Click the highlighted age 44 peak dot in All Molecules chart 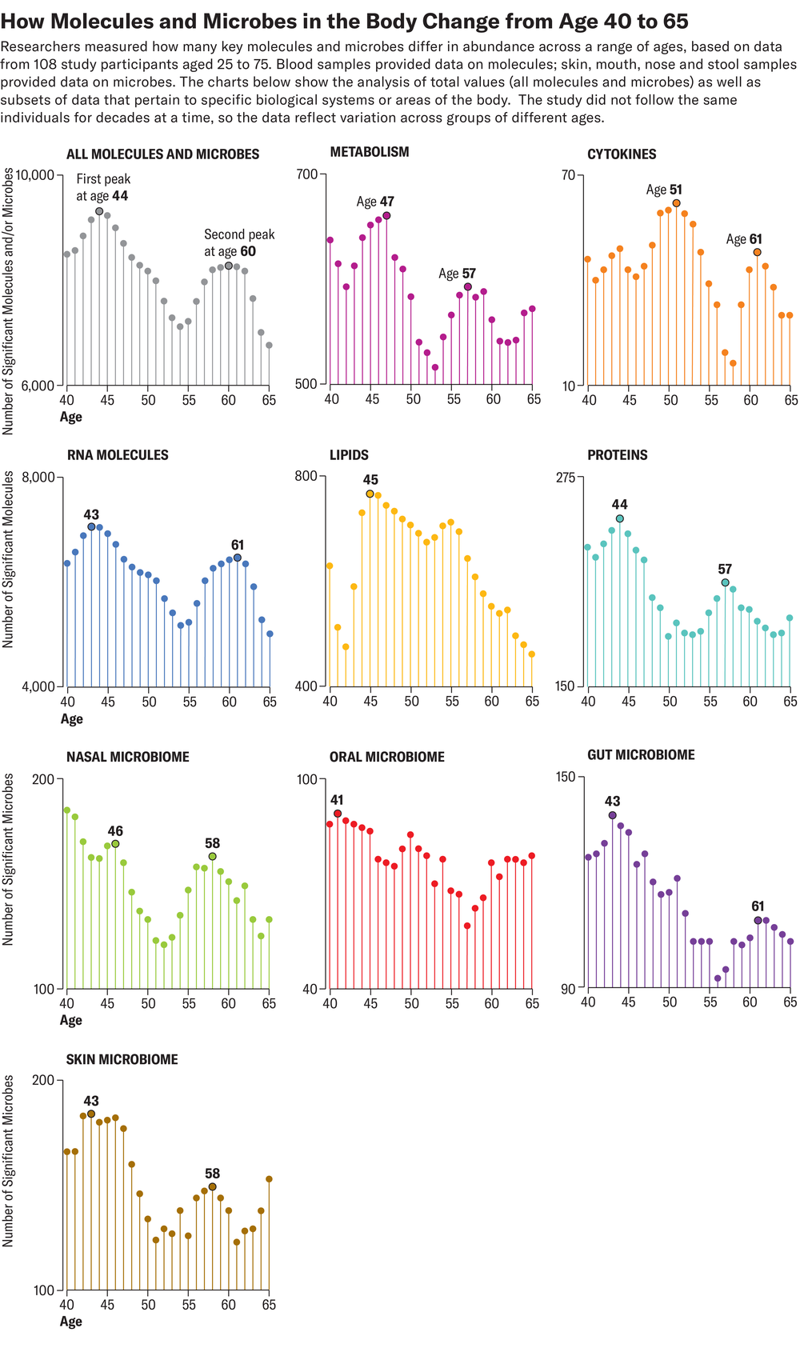point(99,212)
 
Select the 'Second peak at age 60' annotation point(238,242)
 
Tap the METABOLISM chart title point(369,152)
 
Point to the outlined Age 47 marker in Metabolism point(386,215)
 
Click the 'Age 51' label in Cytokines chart point(664,190)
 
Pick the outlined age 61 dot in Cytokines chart point(757,252)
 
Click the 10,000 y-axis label point(34,175)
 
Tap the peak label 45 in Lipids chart point(370,480)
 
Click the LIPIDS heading point(349,455)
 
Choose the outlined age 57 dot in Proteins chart point(725,582)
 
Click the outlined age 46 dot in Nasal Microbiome point(115,844)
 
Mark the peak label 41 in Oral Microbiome point(337,800)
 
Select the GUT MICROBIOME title point(641,754)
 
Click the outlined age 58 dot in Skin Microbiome point(212,1187)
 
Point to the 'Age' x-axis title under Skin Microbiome point(70,1321)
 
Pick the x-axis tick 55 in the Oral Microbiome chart point(451,1003)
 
